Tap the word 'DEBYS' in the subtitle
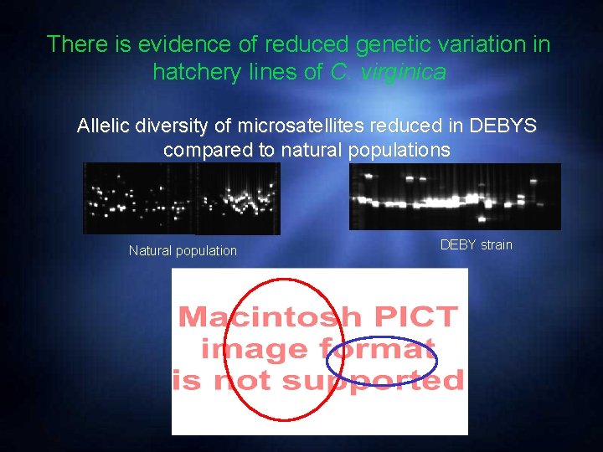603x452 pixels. (x=502, y=126)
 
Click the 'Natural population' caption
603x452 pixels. (x=183, y=250)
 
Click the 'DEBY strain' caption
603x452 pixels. (x=476, y=244)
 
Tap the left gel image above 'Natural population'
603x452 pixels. (x=182, y=198)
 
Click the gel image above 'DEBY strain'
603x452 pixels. (x=455, y=197)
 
